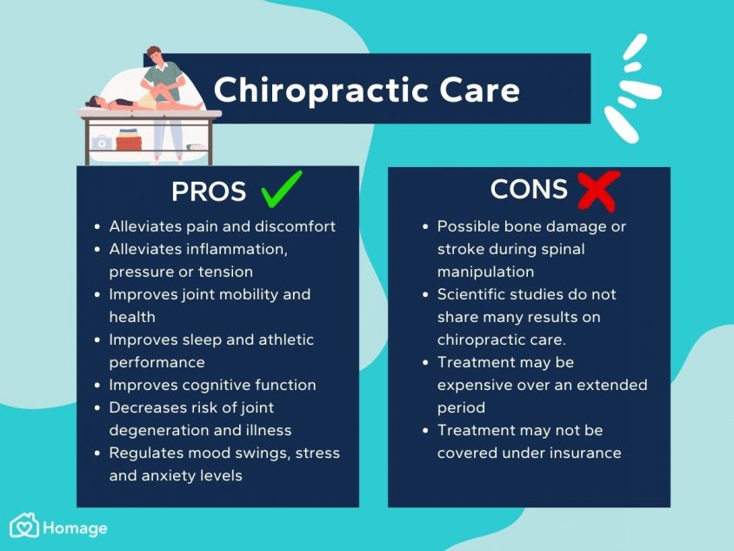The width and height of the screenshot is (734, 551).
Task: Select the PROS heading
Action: pos(209,192)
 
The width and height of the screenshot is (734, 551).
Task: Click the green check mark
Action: pos(281,189)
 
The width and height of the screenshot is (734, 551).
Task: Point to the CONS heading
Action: pos(529,189)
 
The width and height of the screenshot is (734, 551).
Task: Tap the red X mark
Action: pos(598,192)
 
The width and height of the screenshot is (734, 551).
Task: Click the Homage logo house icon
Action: pos(24,525)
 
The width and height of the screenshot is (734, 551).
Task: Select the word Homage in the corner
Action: pos(75,528)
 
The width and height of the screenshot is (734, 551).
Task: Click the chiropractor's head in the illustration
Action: pos(154,55)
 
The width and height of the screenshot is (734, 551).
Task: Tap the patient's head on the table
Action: pos(93,102)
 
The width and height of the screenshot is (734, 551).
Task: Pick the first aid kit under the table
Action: pos(102,143)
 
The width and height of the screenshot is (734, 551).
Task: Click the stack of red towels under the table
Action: pos(128,139)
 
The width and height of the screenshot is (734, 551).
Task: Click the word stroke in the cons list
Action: pos(461,249)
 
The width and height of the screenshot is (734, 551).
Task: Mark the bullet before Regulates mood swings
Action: pos(97,454)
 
